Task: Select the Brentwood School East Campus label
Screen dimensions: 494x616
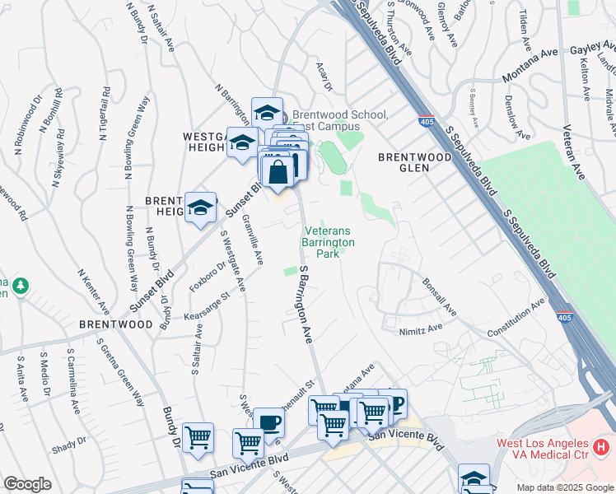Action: click(x=338, y=120)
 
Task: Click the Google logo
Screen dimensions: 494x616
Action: click(x=27, y=484)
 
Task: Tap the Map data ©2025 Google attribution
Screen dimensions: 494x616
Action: click(x=564, y=487)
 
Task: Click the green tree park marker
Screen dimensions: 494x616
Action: click(x=20, y=287)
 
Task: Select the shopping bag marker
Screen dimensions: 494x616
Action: click(x=278, y=172)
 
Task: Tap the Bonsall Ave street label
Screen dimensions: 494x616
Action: click(x=438, y=297)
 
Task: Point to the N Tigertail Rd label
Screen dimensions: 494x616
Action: click(x=105, y=113)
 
